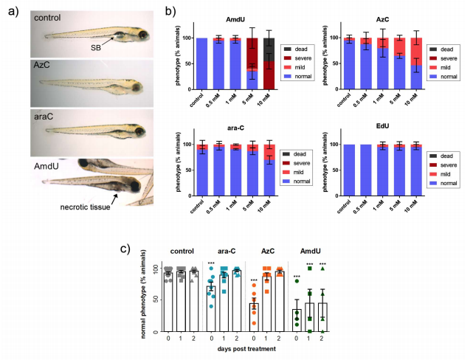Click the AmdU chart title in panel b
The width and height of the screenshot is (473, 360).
pyautogui.click(x=228, y=23)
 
